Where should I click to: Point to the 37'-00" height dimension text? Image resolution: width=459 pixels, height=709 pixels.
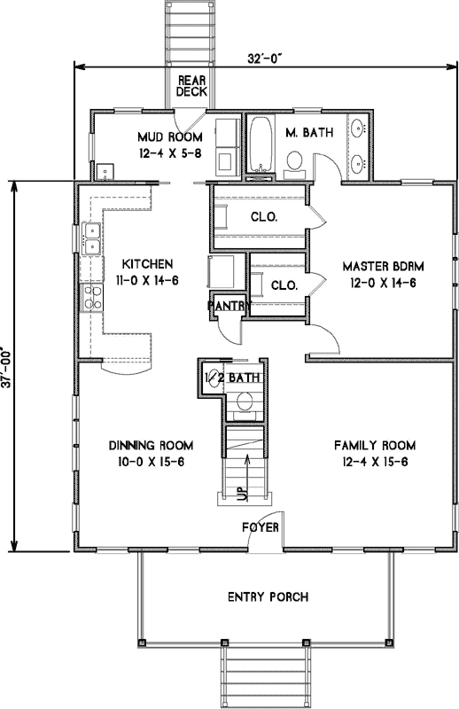pyautogui.click(x=7, y=362)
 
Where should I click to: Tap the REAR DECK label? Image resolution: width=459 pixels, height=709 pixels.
pyautogui.click(x=191, y=85)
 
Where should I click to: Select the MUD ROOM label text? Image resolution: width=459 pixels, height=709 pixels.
pyautogui.click(x=169, y=137)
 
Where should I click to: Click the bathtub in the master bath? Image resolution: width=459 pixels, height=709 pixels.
pyautogui.click(x=260, y=144)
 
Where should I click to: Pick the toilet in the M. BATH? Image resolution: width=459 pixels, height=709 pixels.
pyautogui.click(x=295, y=160)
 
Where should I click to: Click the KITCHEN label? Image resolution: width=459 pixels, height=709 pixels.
pyautogui.click(x=147, y=264)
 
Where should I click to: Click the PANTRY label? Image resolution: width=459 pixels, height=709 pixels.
pyautogui.click(x=228, y=306)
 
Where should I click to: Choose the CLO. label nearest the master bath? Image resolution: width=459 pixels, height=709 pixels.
pyautogui.click(x=265, y=216)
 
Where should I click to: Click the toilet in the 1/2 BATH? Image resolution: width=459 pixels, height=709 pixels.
pyautogui.click(x=245, y=404)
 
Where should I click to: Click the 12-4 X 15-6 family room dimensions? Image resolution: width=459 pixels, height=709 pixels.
pyautogui.click(x=375, y=461)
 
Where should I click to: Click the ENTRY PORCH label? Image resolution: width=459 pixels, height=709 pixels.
pyautogui.click(x=266, y=596)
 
